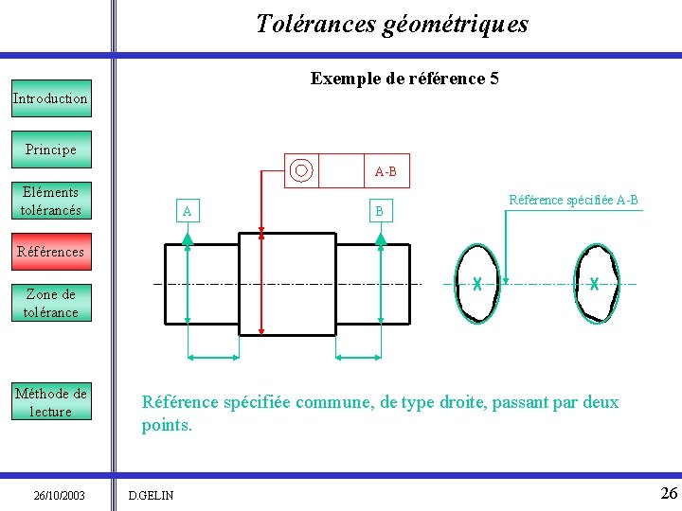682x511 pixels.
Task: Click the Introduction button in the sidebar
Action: click(50, 98)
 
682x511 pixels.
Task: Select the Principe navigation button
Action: click(50, 150)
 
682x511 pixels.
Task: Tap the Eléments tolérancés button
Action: click(50, 201)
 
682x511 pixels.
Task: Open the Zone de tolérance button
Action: click(50, 303)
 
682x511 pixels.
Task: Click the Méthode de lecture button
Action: click(50, 402)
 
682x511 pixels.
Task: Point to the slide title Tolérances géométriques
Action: click(392, 24)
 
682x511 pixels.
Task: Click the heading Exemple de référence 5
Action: click(404, 79)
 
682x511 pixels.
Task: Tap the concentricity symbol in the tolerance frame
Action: click(301, 171)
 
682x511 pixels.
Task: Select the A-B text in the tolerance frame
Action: click(386, 171)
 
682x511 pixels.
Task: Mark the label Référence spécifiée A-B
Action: click(573, 200)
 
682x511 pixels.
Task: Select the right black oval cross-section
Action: click(595, 284)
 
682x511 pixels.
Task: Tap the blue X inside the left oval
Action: click(478, 284)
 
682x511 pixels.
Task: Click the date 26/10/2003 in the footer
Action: click(59, 495)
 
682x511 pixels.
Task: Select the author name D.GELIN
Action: click(149, 495)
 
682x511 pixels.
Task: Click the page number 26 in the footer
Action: click(669, 493)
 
